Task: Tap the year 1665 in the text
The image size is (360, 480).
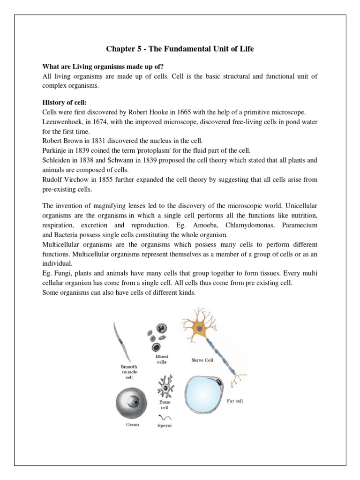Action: [192, 112]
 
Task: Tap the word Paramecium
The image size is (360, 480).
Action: [296, 225]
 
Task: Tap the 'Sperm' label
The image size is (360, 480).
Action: [165, 425]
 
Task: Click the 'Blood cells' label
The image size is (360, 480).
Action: [162, 359]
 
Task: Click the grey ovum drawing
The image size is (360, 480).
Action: [129, 403]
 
